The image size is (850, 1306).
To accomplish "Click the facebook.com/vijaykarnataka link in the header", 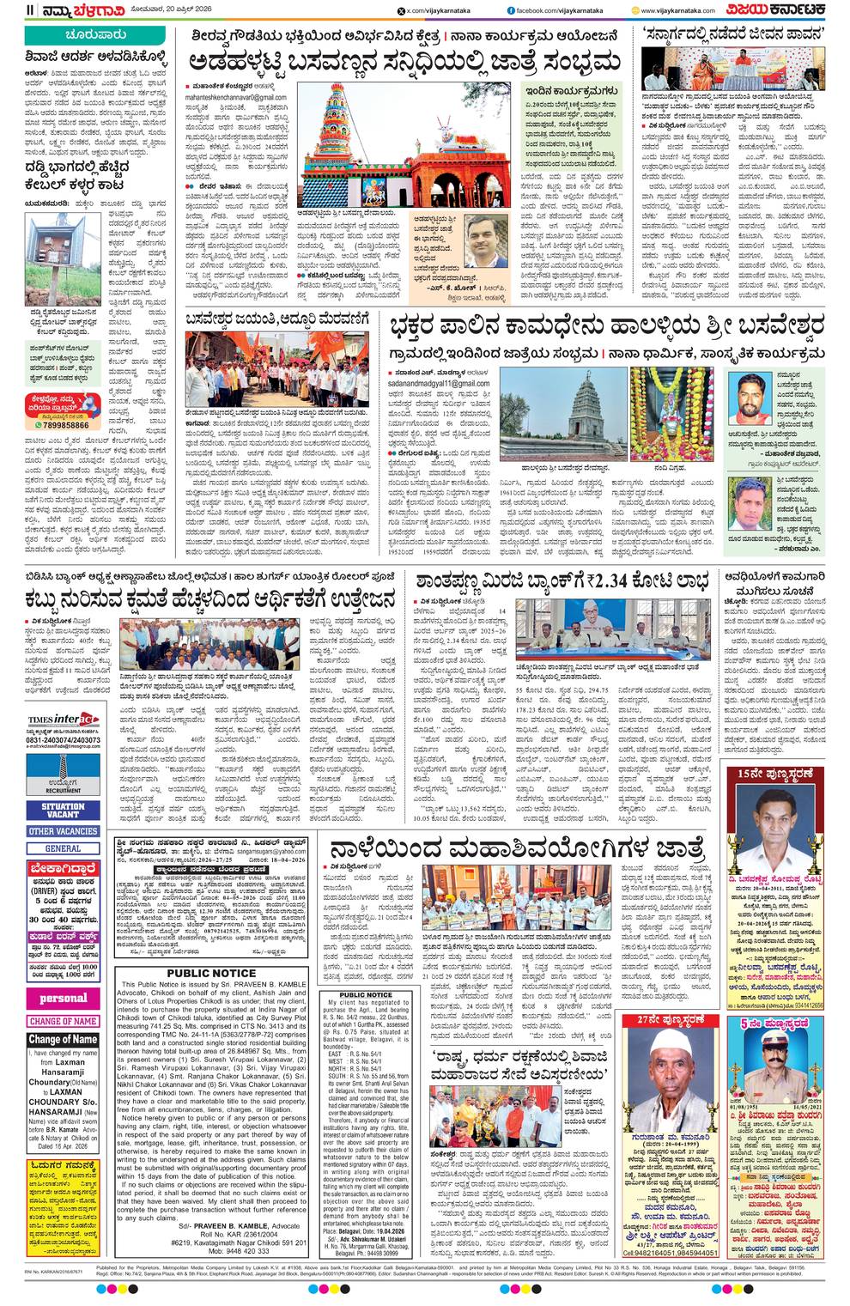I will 566,10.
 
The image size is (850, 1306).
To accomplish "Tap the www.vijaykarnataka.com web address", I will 683,10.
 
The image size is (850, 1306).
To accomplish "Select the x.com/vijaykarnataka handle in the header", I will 441,10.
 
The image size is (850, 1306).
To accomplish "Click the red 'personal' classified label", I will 63,999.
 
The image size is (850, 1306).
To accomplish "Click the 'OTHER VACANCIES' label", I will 63,831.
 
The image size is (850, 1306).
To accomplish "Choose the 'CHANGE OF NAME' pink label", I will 63,1021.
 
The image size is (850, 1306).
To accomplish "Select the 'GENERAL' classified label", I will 63,848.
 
